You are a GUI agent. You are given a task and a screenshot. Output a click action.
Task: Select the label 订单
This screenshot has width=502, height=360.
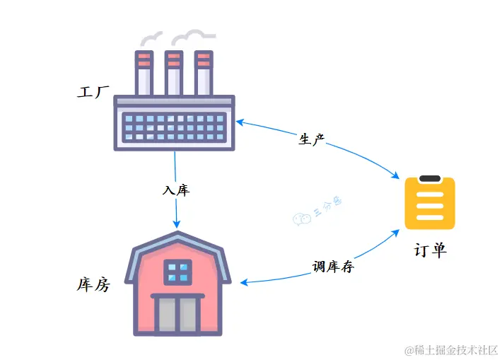pos(430,250)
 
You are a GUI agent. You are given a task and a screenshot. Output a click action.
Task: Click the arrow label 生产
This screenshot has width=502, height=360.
pos(311,139)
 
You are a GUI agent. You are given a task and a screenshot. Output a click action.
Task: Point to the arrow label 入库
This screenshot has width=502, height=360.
pos(176,190)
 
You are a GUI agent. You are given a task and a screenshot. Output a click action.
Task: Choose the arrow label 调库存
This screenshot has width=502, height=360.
pos(333,267)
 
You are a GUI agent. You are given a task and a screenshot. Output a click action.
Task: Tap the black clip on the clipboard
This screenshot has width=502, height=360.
pos(430,179)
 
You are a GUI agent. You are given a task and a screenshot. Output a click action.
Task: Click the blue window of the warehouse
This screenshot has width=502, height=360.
pos(178,271)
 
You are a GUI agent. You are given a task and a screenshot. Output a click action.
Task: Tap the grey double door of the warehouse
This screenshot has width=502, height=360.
pos(178,315)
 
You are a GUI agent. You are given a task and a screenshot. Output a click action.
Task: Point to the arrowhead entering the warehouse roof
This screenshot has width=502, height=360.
pos(177,225)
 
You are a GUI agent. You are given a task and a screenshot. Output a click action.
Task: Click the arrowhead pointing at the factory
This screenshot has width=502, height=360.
pos(240,122)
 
